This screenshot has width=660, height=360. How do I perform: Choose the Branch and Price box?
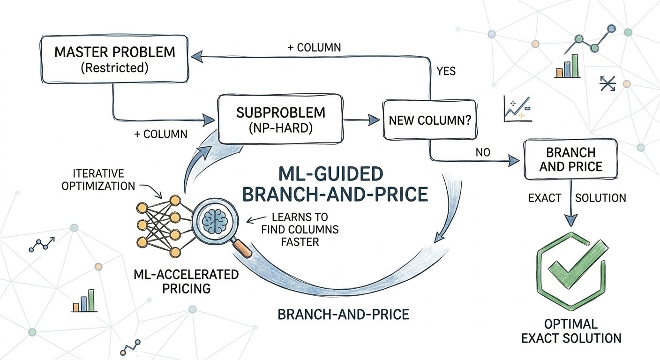pos(570,159)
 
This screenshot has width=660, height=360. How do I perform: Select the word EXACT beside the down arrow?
pos(545,198)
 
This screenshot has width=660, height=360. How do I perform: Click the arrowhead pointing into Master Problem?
pos(195,57)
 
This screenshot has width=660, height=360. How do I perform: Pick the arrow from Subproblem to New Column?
pos(361,120)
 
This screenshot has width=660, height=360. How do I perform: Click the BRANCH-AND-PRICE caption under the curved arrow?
pos(344,314)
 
